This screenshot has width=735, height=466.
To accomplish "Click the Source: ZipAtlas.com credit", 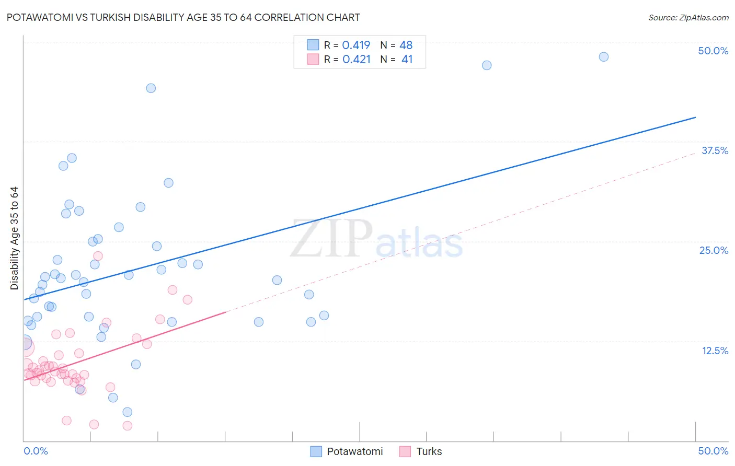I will (x=688, y=18).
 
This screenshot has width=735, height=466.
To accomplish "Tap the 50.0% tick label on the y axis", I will (x=713, y=51).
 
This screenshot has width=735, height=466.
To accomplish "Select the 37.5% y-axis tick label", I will (x=715, y=150).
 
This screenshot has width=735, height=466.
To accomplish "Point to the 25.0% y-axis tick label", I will (x=714, y=250).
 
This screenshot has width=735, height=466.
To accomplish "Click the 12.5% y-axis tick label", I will (x=715, y=351).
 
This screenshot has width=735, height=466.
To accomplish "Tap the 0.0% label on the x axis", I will (x=36, y=451).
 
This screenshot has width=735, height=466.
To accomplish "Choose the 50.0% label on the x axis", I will (x=713, y=451).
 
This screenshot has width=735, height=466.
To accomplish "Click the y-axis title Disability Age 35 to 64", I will (x=14, y=238).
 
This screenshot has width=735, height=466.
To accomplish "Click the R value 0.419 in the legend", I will (x=356, y=45).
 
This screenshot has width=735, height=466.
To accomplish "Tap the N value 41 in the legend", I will (x=407, y=60).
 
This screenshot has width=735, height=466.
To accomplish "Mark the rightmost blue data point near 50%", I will (x=603, y=57).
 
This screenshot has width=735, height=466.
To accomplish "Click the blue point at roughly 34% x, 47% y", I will (x=487, y=65).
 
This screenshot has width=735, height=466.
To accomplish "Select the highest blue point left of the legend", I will (x=151, y=88).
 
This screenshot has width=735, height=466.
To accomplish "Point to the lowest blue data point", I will (x=127, y=412).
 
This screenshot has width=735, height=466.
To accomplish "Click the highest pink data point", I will (x=98, y=256).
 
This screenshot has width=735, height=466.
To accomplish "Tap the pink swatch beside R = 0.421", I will (x=313, y=59).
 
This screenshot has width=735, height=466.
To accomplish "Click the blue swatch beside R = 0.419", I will (x=313, y=45).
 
